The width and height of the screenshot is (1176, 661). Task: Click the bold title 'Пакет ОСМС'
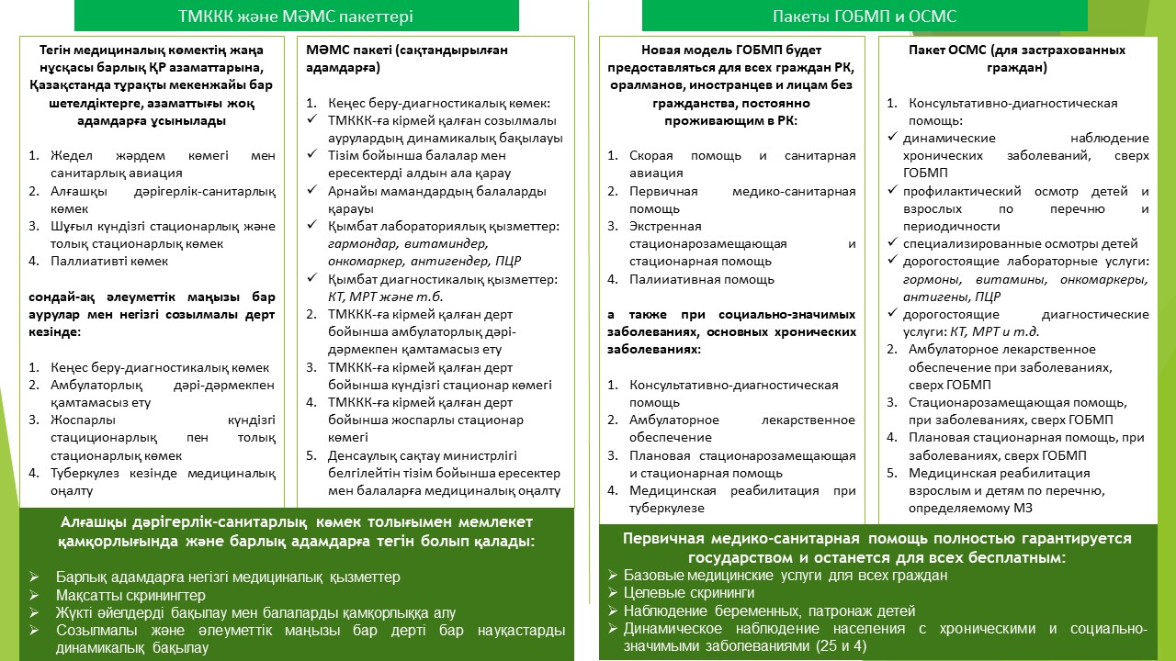click(x=937, y=50)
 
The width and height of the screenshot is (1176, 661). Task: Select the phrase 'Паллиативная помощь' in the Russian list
click(x=702, y=279)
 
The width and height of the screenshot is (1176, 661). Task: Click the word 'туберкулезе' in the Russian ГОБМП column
click(x=666, y=508)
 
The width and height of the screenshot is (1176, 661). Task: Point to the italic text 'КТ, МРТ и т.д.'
click(x=988, y=331)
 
